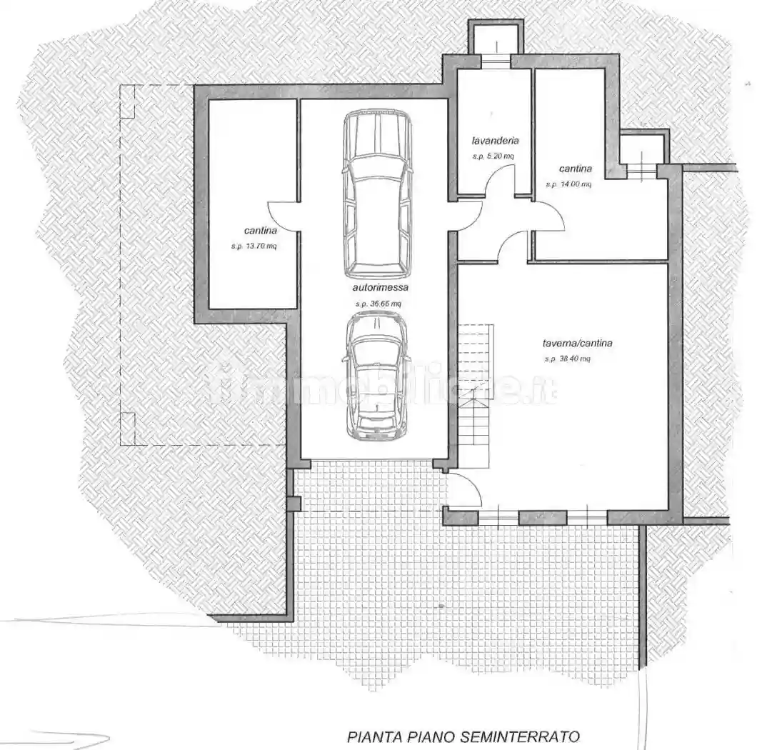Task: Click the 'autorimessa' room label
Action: (380, 289)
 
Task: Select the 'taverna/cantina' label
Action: (577, 343)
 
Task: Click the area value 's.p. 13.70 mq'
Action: (254, 246)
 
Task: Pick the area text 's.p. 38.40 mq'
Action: (567, 359)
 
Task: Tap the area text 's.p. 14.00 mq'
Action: (568, 184)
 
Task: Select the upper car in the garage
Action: (378, 194)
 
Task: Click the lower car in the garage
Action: (376, 376)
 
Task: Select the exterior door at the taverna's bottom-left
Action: (466, 491)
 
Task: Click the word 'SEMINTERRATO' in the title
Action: (529, 736)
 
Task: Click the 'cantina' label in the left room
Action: (261, 231)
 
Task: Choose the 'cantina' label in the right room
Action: (575, 169)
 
